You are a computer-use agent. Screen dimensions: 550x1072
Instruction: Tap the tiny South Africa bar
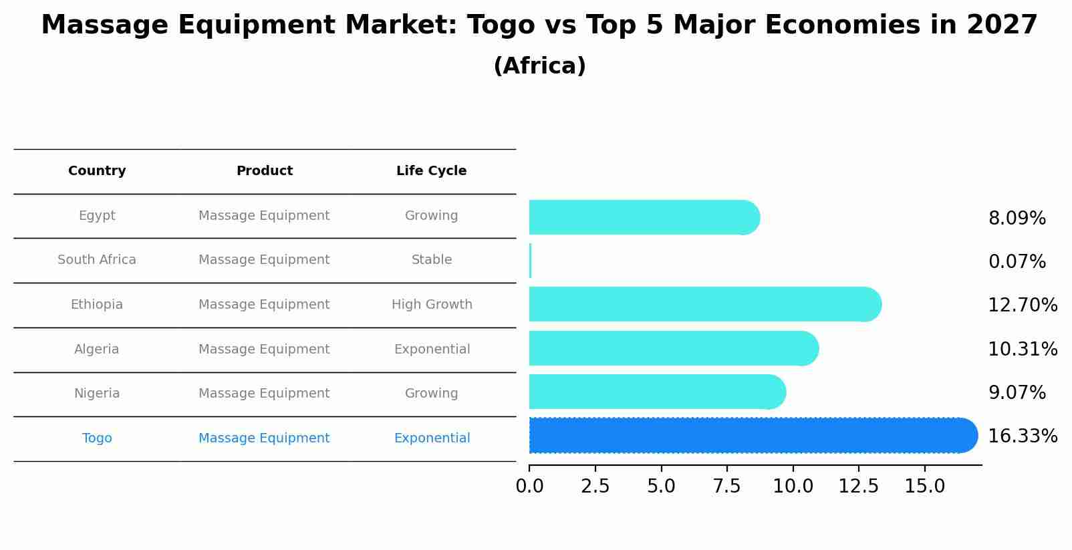click(x=530, y=261)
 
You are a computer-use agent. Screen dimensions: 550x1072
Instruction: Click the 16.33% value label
click(x=1022, y=436)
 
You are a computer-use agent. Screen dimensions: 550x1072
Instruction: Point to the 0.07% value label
click(x=1017, y=262)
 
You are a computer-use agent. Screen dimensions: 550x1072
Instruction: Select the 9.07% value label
click(x=1017, y=393)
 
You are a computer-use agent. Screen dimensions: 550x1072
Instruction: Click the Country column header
click(x=97, y=171)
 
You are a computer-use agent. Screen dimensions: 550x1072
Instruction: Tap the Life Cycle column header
click(x=431, y=171)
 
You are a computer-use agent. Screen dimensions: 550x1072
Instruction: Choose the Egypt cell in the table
click(x=97, y=216)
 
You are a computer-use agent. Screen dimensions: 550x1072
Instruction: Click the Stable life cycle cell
click(x=431, y=260)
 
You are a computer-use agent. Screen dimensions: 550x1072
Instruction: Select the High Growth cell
click(x=431, y=305)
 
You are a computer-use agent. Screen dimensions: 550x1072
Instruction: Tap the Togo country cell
click(x=97, y=438)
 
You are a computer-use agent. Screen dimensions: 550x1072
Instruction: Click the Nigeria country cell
click(x=97, y=394)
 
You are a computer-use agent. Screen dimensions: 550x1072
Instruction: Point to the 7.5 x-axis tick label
click(x=726, y=487)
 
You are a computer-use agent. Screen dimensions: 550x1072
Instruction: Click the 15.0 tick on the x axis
click(x=924, y=487)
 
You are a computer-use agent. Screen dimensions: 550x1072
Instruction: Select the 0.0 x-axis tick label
click(x=529, y=487)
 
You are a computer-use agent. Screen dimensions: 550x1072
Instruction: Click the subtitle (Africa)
click(x=539, y=66)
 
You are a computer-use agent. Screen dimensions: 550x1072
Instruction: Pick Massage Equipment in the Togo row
click(x=264, y=438)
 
